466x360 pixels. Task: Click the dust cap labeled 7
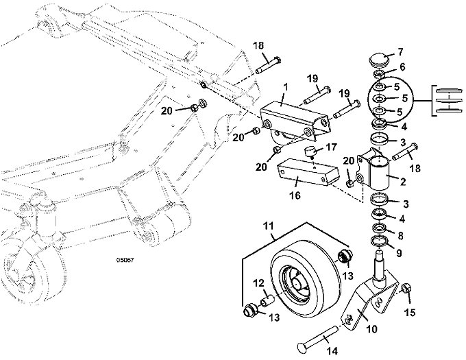[379, 60]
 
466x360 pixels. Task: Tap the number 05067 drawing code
[125, 260]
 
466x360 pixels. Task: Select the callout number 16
[295, 195]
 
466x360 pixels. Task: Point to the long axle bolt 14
[319, 339]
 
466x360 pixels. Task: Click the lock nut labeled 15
[406, 288]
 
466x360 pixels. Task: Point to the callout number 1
[286, 87]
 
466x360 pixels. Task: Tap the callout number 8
[400, 236]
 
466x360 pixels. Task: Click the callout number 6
[402, 67]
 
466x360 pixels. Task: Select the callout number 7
[400, 52]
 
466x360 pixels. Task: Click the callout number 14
[332, 351]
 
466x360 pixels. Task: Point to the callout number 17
[332, 147]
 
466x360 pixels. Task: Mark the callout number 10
[372, 329]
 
